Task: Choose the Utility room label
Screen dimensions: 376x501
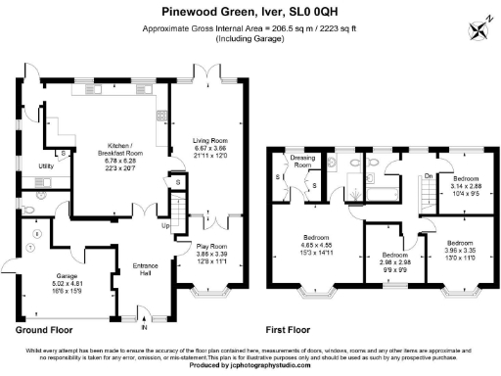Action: click(x=45, y=166)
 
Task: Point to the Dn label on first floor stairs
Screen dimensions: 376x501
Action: click(x=427, y=175)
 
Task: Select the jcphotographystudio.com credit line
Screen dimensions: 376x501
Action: click(x=250, y=365)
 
